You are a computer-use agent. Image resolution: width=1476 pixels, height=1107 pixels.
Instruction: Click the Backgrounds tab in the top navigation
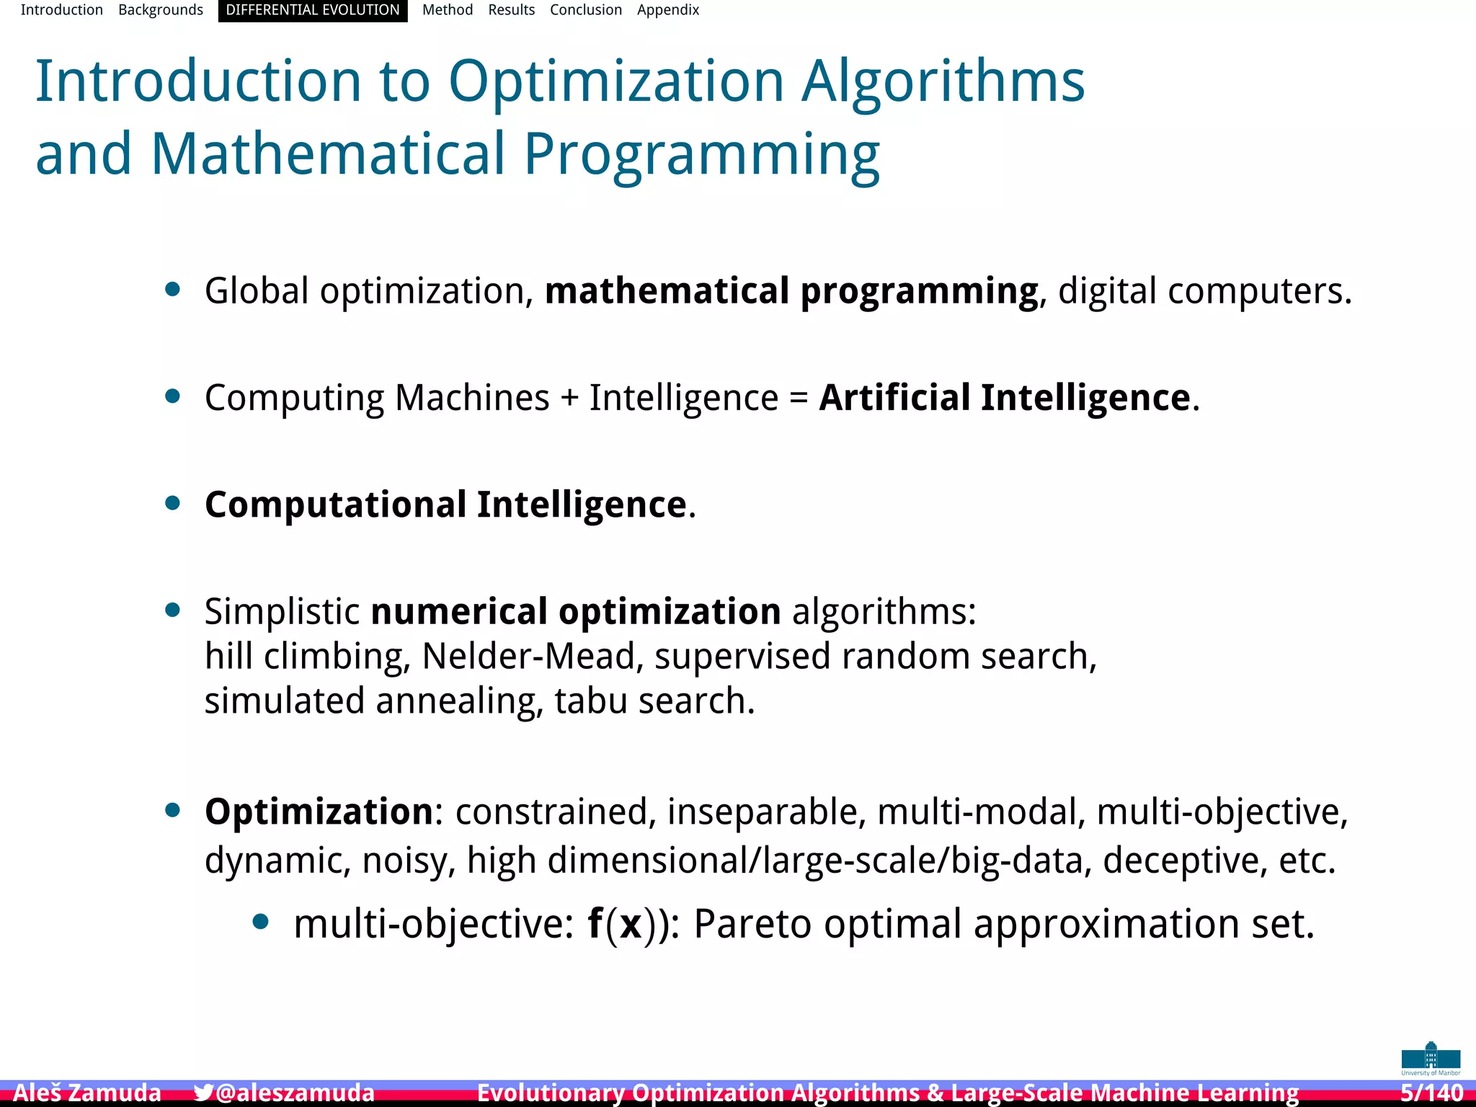(161, 10)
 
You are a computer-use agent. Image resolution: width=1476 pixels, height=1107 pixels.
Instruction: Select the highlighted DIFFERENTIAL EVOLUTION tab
(313, 10)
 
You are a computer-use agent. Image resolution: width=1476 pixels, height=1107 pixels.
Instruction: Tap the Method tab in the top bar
(448, 10)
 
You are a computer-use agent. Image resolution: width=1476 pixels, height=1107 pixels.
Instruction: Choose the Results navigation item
(511, 10)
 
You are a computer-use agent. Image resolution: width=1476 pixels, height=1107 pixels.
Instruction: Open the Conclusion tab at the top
(586, 10)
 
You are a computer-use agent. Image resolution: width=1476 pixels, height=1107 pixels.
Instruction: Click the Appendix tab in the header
(668, 10)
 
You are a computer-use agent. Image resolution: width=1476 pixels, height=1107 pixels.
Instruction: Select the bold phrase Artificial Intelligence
(1005, 397)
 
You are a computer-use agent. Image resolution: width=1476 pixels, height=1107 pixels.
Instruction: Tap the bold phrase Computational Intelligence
(445, 504)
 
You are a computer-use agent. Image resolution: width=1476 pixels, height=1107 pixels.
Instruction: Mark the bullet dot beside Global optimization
(172, 290)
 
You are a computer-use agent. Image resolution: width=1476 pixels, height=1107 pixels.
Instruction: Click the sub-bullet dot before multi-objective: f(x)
(261, 922)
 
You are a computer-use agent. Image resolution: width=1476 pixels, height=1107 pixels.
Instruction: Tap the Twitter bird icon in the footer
(203, 1093)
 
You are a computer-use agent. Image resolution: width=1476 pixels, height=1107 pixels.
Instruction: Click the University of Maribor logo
(1431, 1058)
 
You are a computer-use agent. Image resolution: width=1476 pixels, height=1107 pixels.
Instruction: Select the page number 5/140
(1431, 1093)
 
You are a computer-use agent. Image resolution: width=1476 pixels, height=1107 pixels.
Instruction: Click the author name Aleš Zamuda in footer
(87, 1093)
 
